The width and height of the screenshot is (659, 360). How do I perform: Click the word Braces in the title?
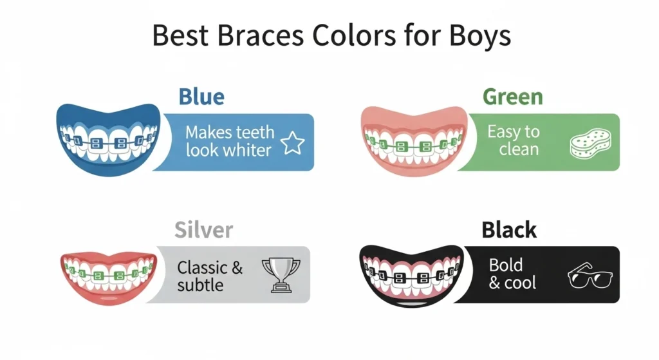260,35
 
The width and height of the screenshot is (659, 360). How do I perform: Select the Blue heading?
201,97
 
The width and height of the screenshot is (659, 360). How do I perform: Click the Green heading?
513,97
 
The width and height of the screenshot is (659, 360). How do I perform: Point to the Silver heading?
204,230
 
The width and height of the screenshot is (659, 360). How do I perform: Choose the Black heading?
509,230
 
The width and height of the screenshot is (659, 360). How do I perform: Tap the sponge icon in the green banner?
591,144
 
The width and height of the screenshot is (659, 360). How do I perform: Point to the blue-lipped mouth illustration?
108,139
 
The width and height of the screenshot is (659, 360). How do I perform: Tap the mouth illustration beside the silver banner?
109,278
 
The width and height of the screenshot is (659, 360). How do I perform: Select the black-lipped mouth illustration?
412,276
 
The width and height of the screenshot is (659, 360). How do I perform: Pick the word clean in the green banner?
519,149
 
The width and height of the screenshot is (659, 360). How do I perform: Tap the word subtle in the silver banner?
200,285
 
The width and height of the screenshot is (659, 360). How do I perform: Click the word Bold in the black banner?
506,265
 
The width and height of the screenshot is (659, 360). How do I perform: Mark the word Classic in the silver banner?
203,267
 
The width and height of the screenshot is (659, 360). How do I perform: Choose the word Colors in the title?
354,35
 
